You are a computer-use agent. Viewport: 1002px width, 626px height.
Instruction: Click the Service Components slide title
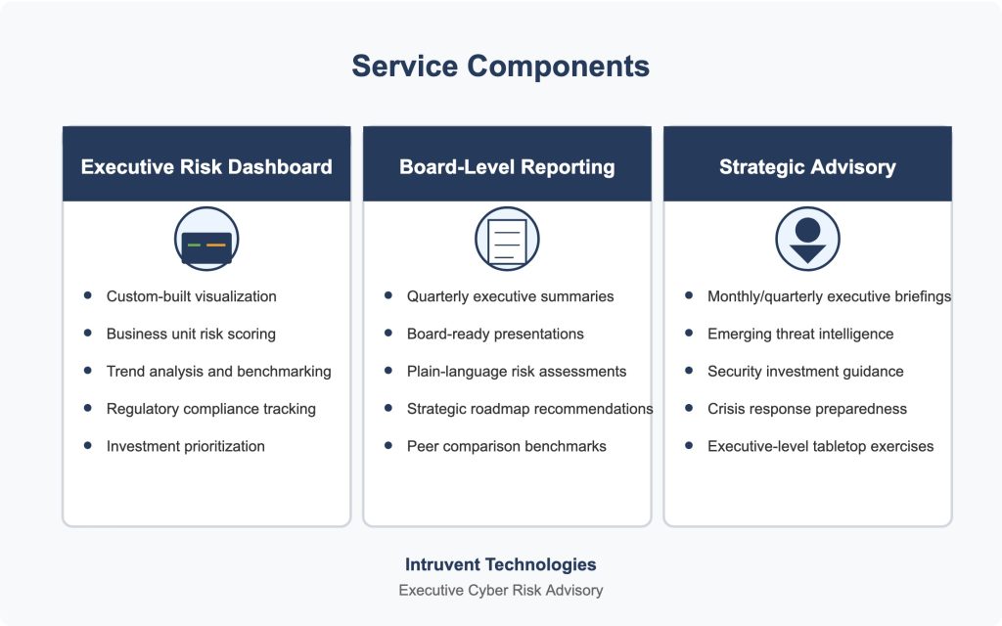(500, 66)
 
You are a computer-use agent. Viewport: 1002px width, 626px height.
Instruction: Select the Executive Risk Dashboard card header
(206, 164)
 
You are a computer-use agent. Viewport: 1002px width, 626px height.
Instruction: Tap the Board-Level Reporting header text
(507, 166)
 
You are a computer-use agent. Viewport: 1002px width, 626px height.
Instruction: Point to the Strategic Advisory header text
(807, 166)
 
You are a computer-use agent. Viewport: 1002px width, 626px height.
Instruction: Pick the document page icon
(507, 239)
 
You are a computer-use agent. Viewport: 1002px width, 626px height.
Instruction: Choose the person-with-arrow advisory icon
(807, 239)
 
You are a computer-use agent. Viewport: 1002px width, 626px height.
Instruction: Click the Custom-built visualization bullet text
(191, 296)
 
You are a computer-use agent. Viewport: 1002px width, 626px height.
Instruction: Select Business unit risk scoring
(191, 335)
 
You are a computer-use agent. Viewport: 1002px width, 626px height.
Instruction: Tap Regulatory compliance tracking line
(211, 409)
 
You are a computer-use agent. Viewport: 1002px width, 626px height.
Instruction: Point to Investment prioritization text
(185, 446)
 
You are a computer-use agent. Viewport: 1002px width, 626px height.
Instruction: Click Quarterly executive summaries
(510, 296)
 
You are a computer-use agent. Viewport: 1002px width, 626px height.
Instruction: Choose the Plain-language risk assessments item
(517, 372)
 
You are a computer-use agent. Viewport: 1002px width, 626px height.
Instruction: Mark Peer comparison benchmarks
(506, 446)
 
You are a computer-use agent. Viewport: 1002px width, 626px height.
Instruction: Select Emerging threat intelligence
(800, 335)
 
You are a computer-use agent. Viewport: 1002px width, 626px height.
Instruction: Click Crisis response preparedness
(806, 409)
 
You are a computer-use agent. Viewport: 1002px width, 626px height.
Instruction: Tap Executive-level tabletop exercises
(820, 446)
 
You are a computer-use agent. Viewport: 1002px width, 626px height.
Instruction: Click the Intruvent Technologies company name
(500, 564)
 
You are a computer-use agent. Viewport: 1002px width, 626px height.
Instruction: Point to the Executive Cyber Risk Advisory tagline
(500, 590)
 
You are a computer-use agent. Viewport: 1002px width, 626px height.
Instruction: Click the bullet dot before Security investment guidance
(688, 371)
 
